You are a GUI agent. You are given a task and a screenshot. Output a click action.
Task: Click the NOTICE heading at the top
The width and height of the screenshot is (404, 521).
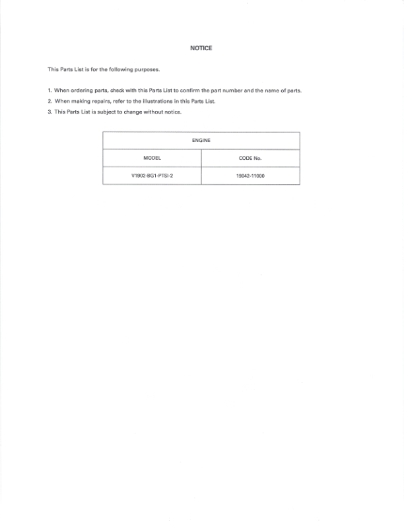(201, 48)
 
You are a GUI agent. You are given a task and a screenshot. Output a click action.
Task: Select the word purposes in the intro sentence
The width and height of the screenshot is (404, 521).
(145, 69)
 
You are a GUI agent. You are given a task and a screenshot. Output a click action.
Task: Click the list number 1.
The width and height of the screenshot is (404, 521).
(50, 90)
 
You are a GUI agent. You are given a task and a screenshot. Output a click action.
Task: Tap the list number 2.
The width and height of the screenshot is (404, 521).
(50, 101)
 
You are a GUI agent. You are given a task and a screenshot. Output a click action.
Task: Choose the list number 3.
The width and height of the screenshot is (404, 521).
(50, 112)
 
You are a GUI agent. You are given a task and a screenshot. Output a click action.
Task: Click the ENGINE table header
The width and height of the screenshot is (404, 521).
(201, 141)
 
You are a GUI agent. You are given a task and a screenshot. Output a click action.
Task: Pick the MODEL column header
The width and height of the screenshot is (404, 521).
(152, 158)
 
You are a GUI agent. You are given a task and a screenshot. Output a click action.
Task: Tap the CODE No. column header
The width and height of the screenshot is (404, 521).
(250, 158)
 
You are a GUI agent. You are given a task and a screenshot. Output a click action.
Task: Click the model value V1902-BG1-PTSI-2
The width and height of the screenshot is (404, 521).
(152, 176)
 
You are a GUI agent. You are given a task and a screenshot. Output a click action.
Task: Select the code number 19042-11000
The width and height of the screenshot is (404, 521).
(250, 176)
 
